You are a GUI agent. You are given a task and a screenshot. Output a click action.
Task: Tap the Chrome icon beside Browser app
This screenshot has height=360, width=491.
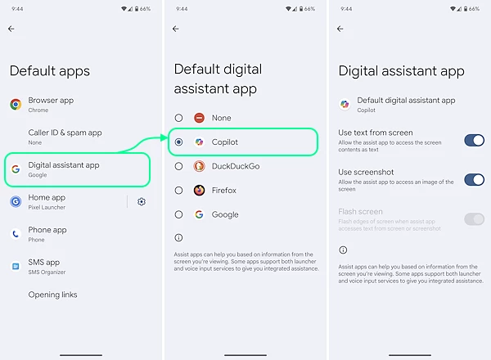16,105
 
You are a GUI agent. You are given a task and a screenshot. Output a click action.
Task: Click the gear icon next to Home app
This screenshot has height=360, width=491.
142,201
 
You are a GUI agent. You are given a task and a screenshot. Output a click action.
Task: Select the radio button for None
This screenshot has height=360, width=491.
178,118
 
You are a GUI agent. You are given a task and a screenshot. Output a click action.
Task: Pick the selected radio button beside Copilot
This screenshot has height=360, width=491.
178,142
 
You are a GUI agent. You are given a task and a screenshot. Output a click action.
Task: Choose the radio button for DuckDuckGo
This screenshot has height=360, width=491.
178,166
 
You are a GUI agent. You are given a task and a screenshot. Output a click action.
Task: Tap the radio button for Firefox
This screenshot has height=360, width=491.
178,191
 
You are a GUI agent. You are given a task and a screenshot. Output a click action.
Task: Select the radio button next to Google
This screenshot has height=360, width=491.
178,214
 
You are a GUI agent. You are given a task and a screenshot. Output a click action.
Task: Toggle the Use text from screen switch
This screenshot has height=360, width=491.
474,141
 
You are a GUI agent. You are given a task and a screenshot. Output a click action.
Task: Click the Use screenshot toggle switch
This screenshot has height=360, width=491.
474,180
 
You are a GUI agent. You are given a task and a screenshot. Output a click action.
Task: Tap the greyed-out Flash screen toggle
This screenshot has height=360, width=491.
474,219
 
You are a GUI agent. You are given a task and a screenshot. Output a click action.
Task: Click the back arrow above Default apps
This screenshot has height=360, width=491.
11,29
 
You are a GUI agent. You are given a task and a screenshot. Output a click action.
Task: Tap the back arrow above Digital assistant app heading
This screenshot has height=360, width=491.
340,29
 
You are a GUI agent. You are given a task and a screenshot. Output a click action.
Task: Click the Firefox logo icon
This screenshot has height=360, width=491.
199,191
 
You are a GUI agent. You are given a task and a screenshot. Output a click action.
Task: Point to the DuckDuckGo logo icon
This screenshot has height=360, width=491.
199,166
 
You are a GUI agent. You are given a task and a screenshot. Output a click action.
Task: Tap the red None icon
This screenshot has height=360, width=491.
199,118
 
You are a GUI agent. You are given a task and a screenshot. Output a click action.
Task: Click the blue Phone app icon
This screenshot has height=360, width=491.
16,234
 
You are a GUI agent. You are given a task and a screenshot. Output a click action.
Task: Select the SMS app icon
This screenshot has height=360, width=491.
16,267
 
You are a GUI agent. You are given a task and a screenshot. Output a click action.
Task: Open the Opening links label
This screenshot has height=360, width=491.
52,295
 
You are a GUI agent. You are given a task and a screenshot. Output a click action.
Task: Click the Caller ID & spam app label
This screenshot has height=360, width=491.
65,133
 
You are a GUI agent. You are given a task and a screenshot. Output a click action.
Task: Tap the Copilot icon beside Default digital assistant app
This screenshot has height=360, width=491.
345,104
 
